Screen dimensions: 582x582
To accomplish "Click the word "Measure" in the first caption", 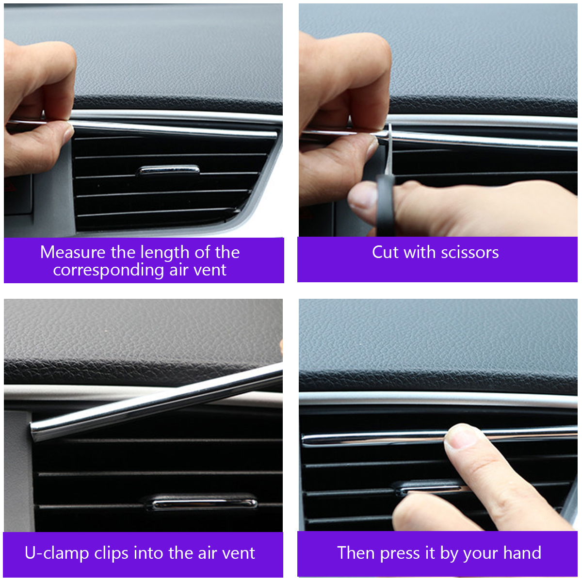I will [73, 252].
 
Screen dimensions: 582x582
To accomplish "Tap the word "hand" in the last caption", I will [522, 553].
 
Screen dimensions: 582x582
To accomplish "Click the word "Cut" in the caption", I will [385, 252].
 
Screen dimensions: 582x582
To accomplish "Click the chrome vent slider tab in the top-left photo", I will [169, 170].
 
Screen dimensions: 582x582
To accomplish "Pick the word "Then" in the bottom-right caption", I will [356, 553].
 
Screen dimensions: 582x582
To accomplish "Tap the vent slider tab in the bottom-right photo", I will [427, 487].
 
